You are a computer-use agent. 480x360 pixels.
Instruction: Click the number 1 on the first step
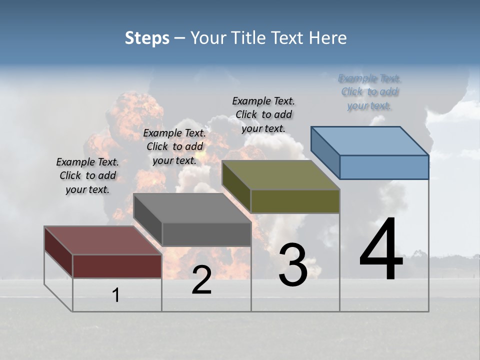(x=116, y=295)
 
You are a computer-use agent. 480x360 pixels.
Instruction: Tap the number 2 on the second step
(x=201, y=280)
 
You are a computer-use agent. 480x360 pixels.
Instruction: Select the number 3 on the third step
(x=293, y=265)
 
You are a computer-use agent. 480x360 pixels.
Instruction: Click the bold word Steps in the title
(x=147, y=38)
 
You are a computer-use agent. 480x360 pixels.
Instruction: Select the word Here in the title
(x=329, y=38)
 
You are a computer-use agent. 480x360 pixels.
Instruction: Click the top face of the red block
(x=102, y=240)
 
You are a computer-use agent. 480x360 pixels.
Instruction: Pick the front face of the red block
(x=117, y=266)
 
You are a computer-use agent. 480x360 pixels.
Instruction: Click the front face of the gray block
(x=206, y=234)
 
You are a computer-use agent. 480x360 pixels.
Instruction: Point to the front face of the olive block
(x=295, y=201)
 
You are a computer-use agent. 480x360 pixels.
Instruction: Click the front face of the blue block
(x=384, y=167)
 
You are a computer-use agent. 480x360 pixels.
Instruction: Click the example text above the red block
(x=87, y=175)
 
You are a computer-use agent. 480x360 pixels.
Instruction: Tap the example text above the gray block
(x=174, y=146)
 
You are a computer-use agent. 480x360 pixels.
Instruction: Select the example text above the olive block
(x=263, y=114)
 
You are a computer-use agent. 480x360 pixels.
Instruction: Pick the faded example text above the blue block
(x=369, y=92)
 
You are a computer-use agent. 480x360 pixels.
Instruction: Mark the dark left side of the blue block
(x=325, y=152)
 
